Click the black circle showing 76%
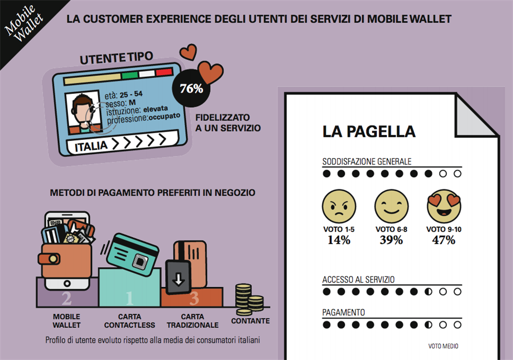click(191, 88)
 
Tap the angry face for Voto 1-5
click(339, 206)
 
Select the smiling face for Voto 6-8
click(391, 206)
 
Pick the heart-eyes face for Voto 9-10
click(444, 206)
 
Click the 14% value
click(339, 240)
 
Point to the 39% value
click(391, 240)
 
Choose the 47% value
click(444, 240)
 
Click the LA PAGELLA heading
click(368, 131)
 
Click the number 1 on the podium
click(129, 297)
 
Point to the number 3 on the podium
click(194, 297)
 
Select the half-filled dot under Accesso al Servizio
click(428, 292)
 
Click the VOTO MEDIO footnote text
click(443, 346)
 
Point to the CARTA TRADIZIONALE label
click(192, 321)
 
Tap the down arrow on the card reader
click(178, 279)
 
